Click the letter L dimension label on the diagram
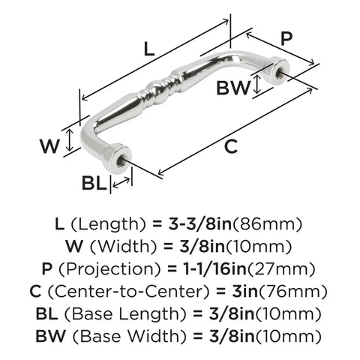[149, 49]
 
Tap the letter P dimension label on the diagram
[286, 38]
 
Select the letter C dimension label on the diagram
[230, 146]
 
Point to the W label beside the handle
[49, 146]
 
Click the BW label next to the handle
[233, 88]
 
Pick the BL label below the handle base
[94, 183]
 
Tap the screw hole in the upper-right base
[278, 72]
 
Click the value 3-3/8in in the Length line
[200, 223]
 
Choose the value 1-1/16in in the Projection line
[213, 268]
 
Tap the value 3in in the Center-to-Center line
[244, 291]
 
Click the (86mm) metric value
[267, 224]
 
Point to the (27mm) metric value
[281, 269]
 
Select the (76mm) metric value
[292, 292]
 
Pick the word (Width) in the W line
[123, 247]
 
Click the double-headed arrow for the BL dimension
[121, 182]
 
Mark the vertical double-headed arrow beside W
[70, 140]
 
